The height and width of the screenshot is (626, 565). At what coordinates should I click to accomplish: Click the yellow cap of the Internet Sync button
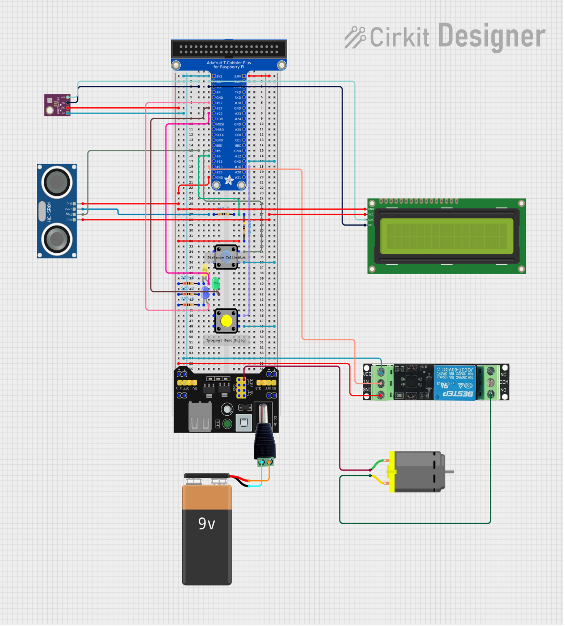click(x=226, y=321)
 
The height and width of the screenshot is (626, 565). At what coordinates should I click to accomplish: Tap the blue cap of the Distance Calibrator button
click(x=226, y=257)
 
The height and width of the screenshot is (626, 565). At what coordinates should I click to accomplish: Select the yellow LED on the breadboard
click(x=204, y=269)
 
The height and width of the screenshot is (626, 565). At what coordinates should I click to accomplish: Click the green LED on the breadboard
click(x=216, y=283)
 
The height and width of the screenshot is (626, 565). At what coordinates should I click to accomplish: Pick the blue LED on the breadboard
click(x=205, y=292)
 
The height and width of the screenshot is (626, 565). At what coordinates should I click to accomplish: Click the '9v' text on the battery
click(x=207, y=523)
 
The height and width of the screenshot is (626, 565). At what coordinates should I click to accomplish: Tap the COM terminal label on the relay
click(x=504, y=382)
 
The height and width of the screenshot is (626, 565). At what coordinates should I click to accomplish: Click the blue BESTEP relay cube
click(x=454, y=382)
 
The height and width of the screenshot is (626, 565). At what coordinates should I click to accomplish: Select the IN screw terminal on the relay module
click(x=380, y=383)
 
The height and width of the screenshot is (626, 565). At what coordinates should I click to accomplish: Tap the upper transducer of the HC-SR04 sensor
click(x=57, y=182)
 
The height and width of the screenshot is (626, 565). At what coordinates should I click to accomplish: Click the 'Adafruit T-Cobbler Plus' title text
click(x=229, y=63)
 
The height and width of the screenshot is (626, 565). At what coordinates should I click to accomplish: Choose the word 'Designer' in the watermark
click(x=492, y=36)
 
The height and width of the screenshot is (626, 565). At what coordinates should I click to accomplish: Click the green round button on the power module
click(x=227, y=423)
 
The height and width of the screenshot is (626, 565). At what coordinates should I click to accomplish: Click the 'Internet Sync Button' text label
click(x=226, y=340)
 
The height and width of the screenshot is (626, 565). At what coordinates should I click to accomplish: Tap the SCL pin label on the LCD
click(x=371, y=225)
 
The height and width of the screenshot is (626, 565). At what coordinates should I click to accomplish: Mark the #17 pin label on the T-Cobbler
click(x=219, y=103)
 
